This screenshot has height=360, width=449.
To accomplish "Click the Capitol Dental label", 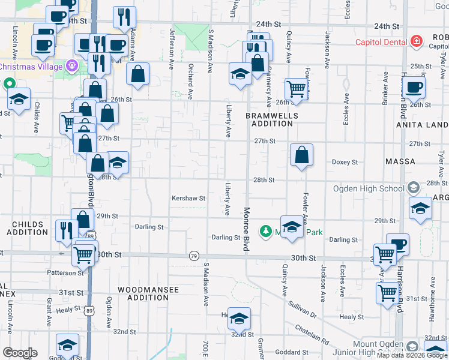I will click(x=382, y=42).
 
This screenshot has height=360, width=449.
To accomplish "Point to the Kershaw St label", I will click(x=188, y=198).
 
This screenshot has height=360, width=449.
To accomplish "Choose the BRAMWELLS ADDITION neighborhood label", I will click(x=269, y=119).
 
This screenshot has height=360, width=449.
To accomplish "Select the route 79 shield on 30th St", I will click(x=193, y=256).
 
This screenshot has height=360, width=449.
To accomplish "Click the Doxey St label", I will click(x=345, y=162).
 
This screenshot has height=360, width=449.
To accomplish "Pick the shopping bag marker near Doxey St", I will click(x=301, y=155).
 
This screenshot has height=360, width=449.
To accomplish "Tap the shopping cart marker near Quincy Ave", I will click(x=297, y=89).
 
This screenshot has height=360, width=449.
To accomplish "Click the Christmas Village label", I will click(x=31, y=66).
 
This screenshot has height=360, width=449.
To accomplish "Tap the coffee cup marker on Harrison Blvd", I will click(x=412, y=88).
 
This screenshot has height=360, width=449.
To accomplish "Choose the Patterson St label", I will click(x=67, y=272).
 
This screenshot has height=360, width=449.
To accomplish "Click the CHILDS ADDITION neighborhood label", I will click(x=28, y=228).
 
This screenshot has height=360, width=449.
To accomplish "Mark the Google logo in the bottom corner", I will click(x=20, y=353).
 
